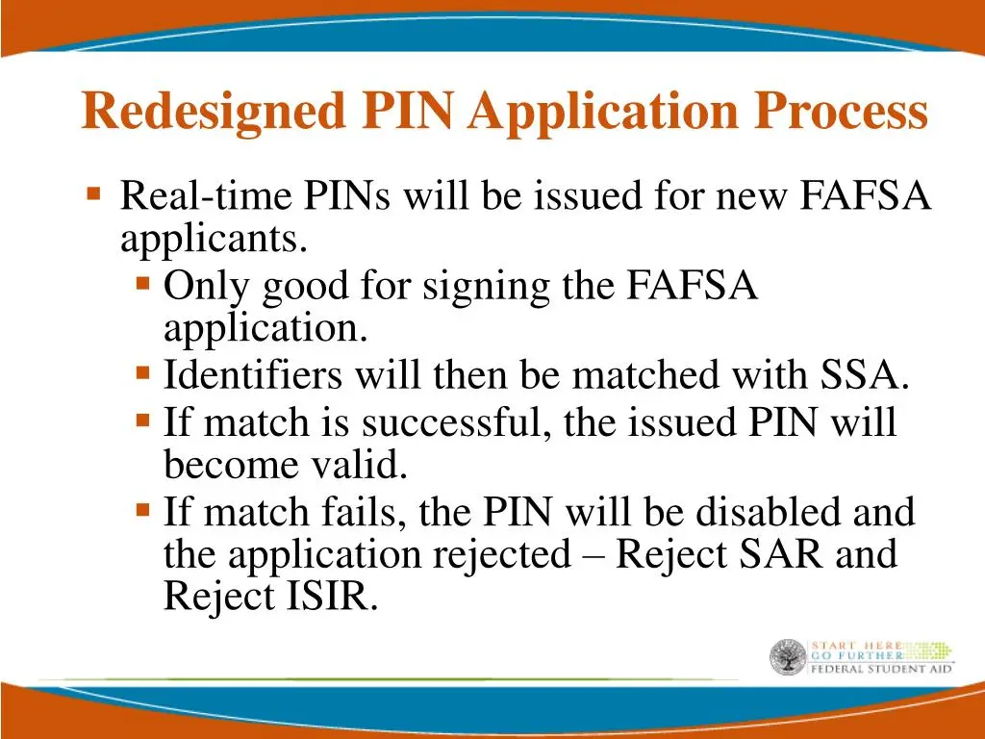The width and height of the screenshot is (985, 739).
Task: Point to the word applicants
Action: (x=214, y=239)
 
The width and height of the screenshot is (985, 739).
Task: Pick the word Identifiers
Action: (x=252, y=375)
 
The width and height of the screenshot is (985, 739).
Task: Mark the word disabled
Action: (x=757, y=511)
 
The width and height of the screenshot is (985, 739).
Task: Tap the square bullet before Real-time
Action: (x=93, y=194)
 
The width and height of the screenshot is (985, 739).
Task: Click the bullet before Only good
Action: (x=142, y=285)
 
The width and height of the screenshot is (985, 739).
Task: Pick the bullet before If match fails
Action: (x=142, y=509)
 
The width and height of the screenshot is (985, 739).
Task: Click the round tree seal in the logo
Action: (x=787, y=657)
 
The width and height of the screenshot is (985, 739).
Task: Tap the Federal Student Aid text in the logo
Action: (x=881, y=668)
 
